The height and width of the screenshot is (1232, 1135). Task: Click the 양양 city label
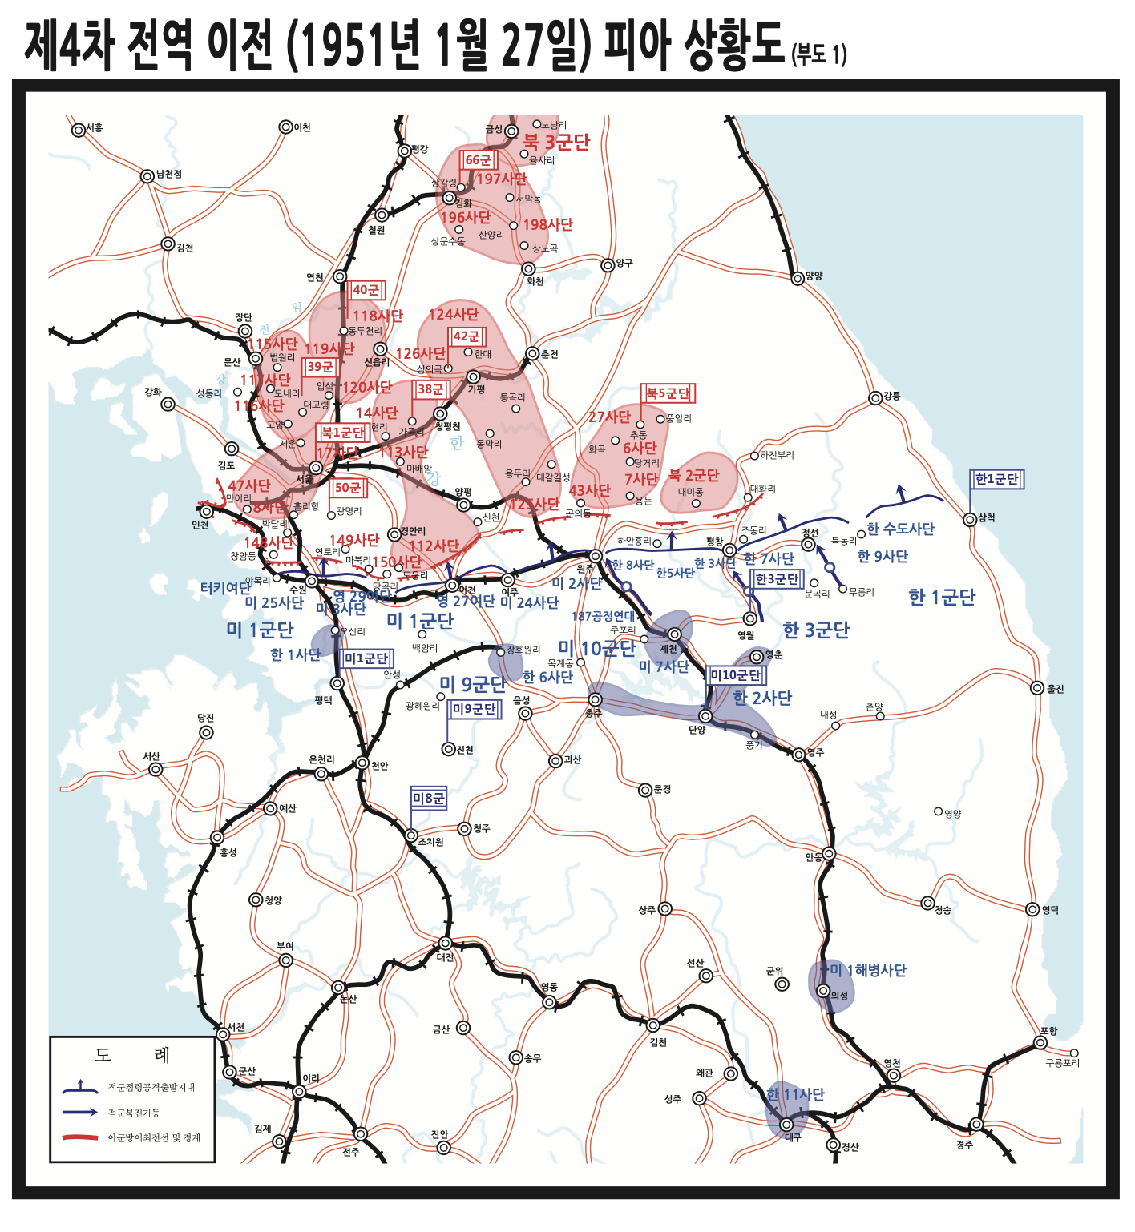(814, 276)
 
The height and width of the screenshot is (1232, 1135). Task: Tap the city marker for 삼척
(970, 519)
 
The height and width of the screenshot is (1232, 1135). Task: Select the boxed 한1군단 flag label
(996, 479)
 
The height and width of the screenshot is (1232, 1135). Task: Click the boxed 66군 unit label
(479, 160)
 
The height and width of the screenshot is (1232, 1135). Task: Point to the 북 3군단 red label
(556, 143)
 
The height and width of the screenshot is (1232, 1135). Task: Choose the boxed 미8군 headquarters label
(428, 798)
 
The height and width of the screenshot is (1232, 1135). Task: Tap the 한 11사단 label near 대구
(795, 1094)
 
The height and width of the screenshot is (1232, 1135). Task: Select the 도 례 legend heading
(132, 1055)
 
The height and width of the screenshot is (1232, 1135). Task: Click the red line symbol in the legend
(80, 1137)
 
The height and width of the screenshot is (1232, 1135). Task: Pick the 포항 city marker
(1040, 1042)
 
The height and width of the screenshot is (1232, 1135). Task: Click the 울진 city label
(1056, 689)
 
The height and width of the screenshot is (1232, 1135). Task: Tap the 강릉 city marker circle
(875, 398)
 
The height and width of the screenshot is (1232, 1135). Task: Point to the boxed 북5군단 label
(668, 393)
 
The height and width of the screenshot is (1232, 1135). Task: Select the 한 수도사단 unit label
(900, 529)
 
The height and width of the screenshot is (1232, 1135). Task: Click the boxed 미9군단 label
(474, 709)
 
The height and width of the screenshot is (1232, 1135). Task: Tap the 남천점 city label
(168, 174)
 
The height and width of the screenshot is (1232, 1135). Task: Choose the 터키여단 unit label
(226, 588)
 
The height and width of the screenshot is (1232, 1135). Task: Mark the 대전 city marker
(446, 944)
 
